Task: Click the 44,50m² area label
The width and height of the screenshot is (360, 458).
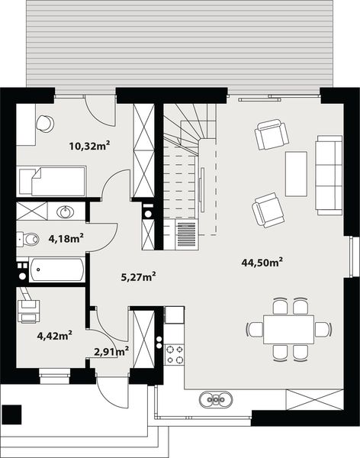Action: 262,262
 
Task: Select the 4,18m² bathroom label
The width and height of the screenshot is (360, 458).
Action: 66,238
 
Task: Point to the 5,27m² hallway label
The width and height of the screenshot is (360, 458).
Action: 139,276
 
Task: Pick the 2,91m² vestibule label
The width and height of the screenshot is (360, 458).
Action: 111,351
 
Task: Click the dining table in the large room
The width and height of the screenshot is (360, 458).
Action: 288,329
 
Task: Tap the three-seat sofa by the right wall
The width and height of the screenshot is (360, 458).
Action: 329,174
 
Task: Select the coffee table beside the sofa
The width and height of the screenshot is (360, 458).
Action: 296,173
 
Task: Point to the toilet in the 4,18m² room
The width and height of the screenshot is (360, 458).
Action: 29,240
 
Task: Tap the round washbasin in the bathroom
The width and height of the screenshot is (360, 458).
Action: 66,211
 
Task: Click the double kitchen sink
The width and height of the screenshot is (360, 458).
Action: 217,399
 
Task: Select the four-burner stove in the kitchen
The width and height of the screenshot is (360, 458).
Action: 175,354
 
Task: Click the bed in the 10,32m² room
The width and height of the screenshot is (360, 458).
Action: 52,182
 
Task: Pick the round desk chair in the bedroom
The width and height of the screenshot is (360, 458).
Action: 44,122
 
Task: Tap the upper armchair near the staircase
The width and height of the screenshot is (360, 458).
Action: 272,135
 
